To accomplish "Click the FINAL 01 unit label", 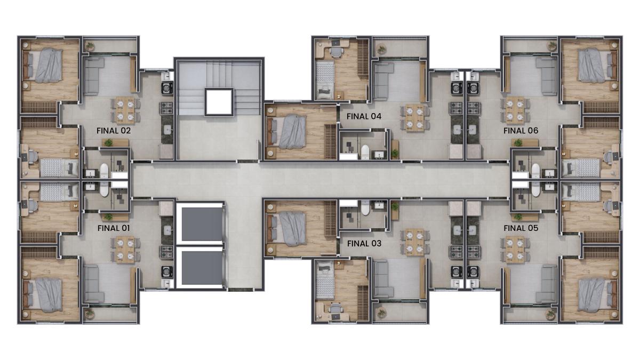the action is point(114,228).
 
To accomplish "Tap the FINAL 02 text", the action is point(114,131).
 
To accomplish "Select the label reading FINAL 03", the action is point(364,243).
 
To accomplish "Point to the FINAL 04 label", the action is point(364,116).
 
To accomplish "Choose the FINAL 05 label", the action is point(521,228).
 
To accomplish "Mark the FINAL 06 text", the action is point(521,131).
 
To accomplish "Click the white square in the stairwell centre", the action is point(219,102).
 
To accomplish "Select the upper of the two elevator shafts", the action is point(202,224).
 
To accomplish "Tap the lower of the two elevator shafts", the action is point(202,268).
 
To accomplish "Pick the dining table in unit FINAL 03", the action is point(415,242).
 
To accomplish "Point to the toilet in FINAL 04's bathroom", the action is point(365,151).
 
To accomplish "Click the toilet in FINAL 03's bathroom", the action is point(365,207).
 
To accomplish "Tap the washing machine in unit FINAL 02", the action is point(167,88).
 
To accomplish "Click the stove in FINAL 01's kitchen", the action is point(166,252).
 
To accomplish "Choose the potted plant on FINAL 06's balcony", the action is point(551,46).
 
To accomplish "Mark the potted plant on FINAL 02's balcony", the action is point(90,46).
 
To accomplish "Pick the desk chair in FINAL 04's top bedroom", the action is point(337,53).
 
